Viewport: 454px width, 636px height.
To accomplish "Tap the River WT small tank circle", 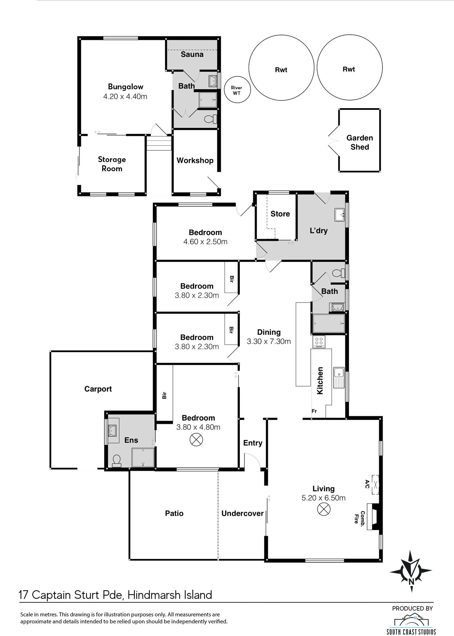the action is (x=237, y=90).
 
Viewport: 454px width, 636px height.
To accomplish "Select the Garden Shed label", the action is (x=360, y=142).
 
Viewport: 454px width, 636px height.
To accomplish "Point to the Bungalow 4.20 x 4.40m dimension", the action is (x=125, y=96).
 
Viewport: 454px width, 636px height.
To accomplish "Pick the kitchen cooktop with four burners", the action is (x=319, y=342).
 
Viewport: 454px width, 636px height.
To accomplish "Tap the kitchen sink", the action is (x=339, y=378).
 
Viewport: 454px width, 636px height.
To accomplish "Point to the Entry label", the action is (x=253, y=443).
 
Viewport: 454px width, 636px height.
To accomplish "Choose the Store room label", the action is (x=280, y=214).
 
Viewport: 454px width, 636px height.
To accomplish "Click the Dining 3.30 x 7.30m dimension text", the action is (x=269, y=341).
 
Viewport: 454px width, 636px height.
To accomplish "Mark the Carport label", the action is (x=98, y=389).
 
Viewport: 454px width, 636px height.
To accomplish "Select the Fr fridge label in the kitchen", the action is (x=314, y=411).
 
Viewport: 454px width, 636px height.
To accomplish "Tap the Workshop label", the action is (x=195, y=161).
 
